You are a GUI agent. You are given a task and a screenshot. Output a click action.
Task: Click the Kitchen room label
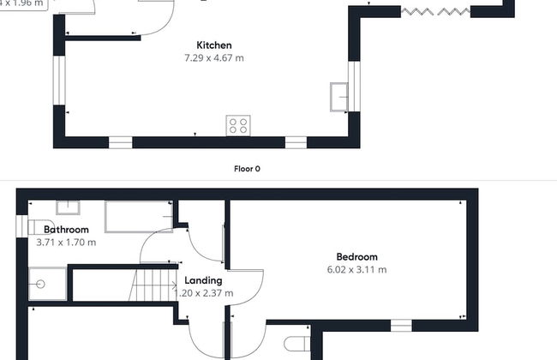pos(214,45)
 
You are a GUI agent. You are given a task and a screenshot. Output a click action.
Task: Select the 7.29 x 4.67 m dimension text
pos(214,58)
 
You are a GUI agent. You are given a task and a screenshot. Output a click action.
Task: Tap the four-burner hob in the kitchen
pos(238,126)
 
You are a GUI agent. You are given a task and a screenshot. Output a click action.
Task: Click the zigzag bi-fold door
pos(436,11)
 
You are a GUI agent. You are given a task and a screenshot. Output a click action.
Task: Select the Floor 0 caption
pos(247,169)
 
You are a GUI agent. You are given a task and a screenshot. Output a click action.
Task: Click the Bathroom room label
pos(66,230)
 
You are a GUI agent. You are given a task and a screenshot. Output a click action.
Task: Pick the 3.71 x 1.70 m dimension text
pos(66,243)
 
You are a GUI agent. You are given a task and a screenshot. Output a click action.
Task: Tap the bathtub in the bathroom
pos(137,218)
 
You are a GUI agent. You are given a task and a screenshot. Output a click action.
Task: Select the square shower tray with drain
pos(39,282)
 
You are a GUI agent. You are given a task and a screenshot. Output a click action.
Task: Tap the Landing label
pos(204,280)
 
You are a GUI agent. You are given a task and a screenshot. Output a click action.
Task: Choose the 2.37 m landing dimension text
pos(205,293)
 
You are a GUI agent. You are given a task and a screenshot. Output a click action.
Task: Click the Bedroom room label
pos(356,257)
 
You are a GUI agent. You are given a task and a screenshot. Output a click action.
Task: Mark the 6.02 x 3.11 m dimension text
pos(356,270)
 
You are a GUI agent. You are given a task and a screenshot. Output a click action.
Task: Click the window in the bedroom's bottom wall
pos(401,325)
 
